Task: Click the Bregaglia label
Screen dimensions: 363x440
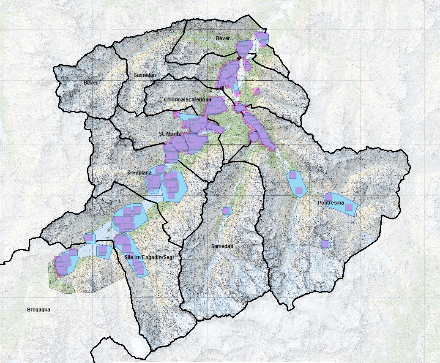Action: click(38, 310)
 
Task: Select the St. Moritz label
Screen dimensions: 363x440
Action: click(170, 134)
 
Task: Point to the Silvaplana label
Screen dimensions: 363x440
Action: click(139, 172)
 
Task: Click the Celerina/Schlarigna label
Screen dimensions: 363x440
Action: click(187, 99)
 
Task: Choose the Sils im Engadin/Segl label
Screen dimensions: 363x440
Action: click(150, 257)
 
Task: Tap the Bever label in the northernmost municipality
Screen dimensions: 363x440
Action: click(223, 38)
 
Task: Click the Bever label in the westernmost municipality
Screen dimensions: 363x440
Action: click(90, 83)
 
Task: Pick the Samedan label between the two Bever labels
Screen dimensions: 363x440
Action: click(145, 75)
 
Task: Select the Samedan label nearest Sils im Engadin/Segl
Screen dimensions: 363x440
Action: click(222, 246)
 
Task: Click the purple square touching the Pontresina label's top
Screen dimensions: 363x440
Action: click(328, 197)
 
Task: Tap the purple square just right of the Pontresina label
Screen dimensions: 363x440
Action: click(349, 207)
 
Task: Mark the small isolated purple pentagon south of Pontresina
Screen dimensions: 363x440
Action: click(325, 244)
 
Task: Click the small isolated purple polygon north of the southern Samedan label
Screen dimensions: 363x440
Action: click(227, 210)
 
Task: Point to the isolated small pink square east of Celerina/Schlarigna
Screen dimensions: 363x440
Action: click(257, 91)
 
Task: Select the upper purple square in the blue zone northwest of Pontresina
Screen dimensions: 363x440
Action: click(292, 175)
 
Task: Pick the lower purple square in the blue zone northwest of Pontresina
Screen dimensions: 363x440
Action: click(299, 190)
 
